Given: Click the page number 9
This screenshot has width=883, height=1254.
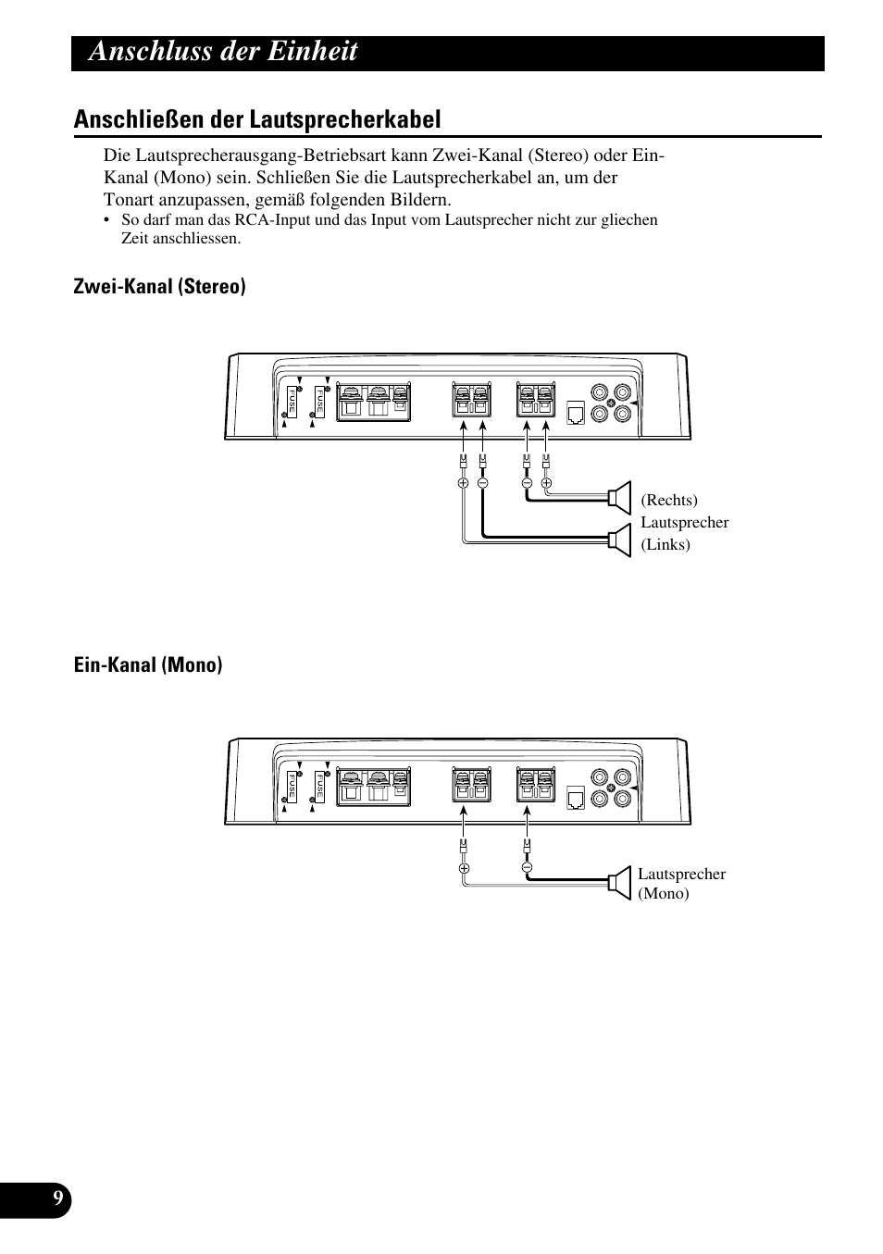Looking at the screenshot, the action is click(57, 1199).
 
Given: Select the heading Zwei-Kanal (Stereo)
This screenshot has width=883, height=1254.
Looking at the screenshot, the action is click(159, 287).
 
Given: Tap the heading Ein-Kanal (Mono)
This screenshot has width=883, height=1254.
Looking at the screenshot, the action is click(148, 665).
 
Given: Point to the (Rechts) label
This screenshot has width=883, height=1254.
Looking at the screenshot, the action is click(669, 501).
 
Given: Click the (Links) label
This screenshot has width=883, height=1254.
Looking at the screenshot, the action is click(665, 544).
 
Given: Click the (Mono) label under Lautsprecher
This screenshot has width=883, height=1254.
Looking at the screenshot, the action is click(664, 894).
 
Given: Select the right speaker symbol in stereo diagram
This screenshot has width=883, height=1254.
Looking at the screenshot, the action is click(619, 498).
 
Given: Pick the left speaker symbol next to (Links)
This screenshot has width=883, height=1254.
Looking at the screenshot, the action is click(619, 541).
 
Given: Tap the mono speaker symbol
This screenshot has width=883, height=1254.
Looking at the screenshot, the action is click(618, 882).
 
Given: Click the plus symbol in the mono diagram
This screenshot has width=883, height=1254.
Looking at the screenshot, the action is click(464, 868).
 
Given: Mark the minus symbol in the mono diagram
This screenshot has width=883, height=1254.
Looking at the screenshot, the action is click(527, 868).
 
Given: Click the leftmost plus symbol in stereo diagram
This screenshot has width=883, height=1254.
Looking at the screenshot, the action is click(463, 482).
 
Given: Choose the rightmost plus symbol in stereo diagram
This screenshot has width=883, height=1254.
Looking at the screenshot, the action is click(546, 482).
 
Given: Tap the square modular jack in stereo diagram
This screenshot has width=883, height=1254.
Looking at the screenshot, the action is click(575, 413).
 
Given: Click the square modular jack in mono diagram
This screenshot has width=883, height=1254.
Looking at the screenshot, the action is click(575, 798).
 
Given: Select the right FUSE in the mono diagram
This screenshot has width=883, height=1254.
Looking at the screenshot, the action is click(319, 787).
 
